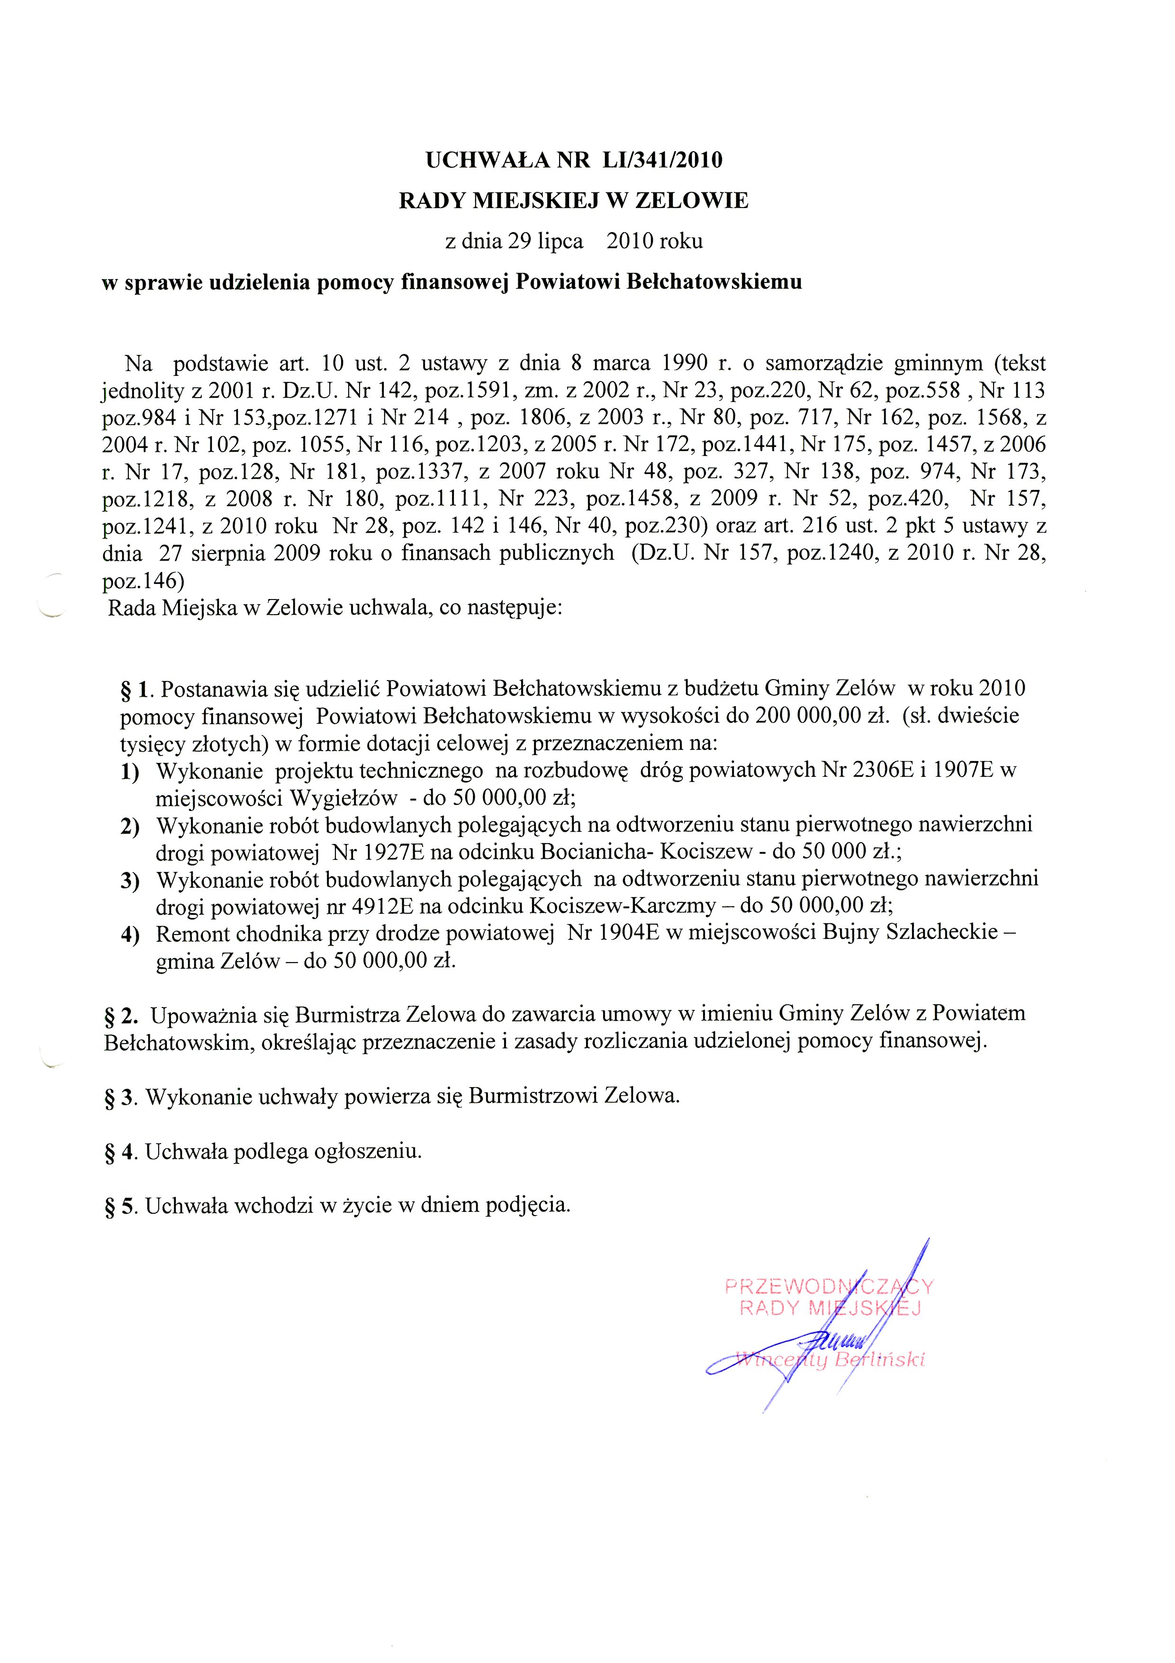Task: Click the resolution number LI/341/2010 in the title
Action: point(662,160)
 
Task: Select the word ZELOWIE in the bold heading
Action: point(691,200)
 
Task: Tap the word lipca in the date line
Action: point(560,241)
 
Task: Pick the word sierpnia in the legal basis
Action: point(232,554)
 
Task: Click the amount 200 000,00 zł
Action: point(822,716)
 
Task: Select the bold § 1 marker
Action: point(137,689)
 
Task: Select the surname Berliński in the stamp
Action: point(880,1360)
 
